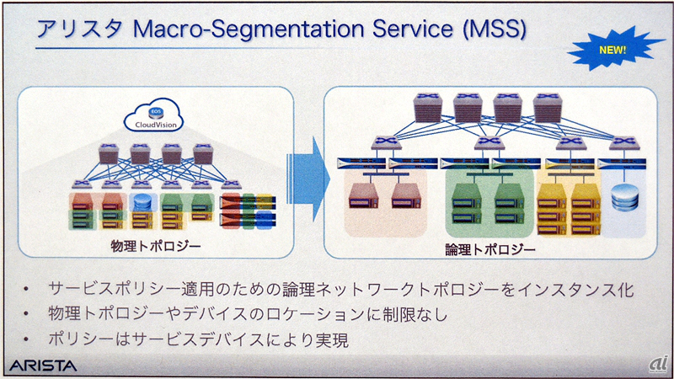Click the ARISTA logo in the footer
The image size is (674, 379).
(42, 366)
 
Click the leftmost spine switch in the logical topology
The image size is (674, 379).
(427, 105)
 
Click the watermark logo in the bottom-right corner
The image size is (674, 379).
(657, 364)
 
